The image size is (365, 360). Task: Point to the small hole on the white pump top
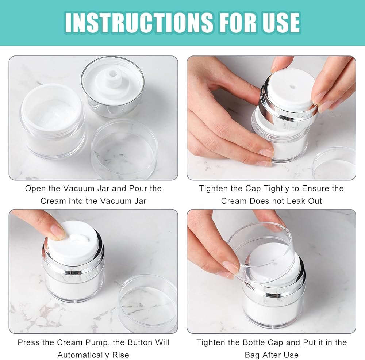(292, 87)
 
